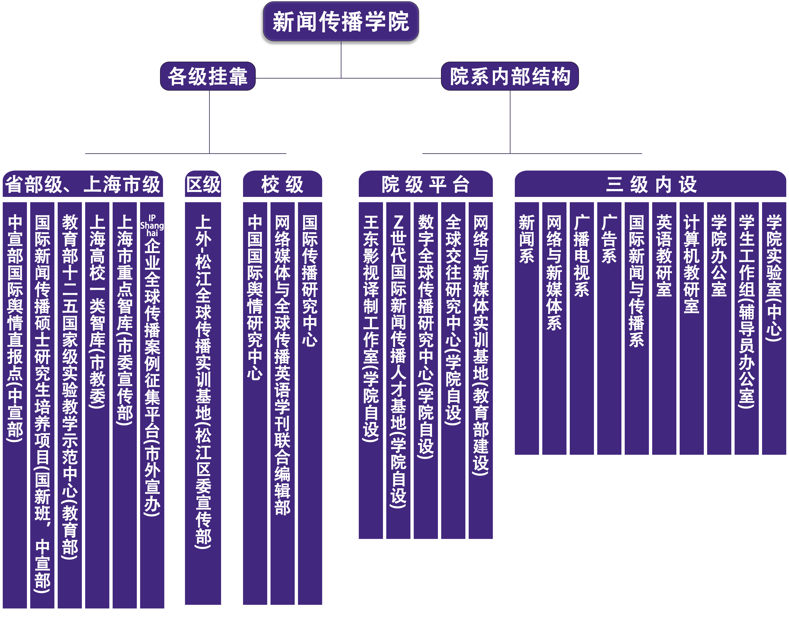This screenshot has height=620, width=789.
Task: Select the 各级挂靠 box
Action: [x=208, y=76]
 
